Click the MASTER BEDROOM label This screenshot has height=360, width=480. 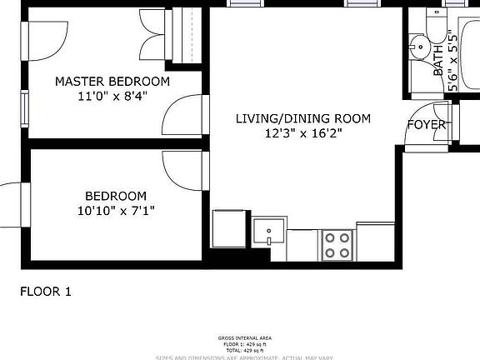point(112,82)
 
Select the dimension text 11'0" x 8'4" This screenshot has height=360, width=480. point(112,97)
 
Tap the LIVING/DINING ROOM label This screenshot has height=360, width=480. point(302,118)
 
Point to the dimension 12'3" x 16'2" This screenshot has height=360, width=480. point(302,133)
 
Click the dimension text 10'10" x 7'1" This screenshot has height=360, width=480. point(110,211)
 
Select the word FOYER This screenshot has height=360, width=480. point(426,125)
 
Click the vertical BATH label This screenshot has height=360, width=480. point(438,61)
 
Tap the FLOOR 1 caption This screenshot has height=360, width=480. point(46,292)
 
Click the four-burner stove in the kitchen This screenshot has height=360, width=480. point(337,244)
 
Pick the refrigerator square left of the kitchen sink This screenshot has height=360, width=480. point(228,228)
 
